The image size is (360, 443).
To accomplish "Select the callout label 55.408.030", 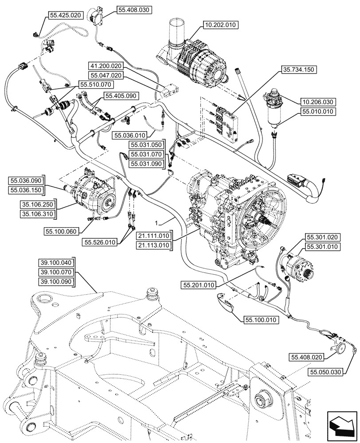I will click(134, 9).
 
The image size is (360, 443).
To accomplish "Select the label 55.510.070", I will click(96, 84).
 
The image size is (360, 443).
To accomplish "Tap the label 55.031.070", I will click(147, 154).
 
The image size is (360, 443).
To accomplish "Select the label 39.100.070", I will click(57, 272).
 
